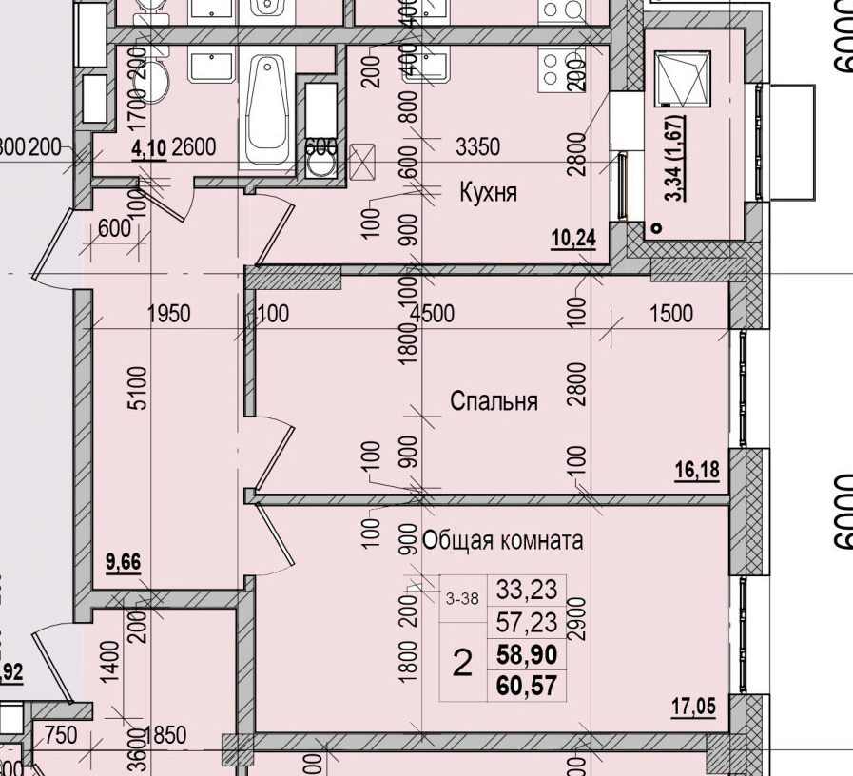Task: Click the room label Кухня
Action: [x=488, y=193]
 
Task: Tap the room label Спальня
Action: [x=494, y=401]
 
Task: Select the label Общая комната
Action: [x=502, y=541]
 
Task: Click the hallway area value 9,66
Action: [x=124, y=562]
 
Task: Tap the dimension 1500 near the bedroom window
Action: [x=670, y=314]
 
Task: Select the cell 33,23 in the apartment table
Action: [x=526, y=590]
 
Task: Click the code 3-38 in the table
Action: [x=462, y=598]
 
